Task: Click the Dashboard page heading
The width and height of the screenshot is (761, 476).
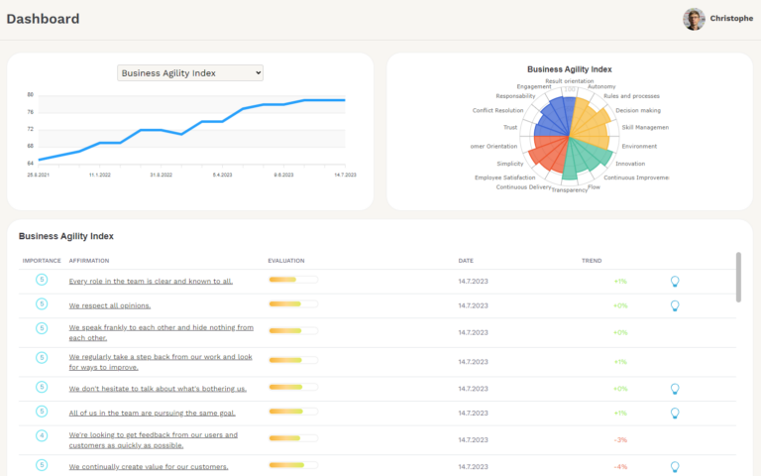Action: click(43, 19)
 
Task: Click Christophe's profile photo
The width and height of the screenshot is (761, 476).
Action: click(694, 19)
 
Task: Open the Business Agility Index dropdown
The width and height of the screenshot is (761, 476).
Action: click(190, 72)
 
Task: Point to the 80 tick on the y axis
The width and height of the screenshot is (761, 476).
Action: click(31, 95)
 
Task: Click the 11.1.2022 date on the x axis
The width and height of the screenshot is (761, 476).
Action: click(100, 174)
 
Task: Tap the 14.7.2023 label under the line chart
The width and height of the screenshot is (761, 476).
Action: click(345, 174)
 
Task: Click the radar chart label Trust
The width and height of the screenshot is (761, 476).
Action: click(510, 127)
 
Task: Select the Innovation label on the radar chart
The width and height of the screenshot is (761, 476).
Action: click(630, 164)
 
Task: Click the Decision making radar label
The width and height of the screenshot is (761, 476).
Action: click(638, 110)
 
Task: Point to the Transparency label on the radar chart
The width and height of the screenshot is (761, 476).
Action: click(570, 189)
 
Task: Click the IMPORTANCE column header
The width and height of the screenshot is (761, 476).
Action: click(42, 261)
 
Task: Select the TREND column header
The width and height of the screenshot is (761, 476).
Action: click(592, 261)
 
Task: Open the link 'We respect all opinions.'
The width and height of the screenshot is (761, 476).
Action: click(110, 305)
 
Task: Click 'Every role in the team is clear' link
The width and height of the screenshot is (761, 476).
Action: click(151, 281)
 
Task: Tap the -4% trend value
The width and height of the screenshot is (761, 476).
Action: click(620, 466)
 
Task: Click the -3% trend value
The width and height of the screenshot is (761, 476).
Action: click(620, 439)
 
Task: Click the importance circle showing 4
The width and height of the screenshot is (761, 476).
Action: click(42, 435)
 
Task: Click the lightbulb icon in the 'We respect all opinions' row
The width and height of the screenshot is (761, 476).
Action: click(675, 305)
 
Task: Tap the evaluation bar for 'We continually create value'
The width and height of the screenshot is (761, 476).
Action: click(293, 466)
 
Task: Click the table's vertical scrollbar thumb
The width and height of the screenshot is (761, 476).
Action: click(738, 277)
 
